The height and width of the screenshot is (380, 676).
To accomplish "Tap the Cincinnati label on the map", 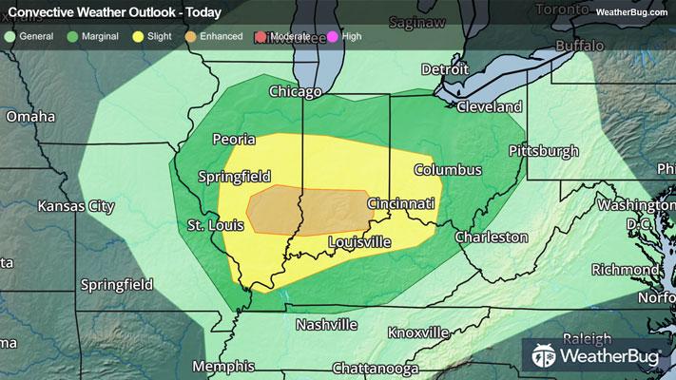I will click(x=401, y=203).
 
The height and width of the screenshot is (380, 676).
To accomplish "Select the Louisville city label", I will click(x=358, y=242).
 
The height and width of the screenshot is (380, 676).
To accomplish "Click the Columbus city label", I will click(x=448, y=169).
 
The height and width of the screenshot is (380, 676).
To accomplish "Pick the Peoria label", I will click(x=234, y=139).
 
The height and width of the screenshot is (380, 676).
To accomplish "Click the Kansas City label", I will click(x=75, y=205).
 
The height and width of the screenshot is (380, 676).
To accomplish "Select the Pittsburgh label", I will click(x=544, y=150).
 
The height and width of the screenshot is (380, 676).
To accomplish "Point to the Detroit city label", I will click(x=445, y=69).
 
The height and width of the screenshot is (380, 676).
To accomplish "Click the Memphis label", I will click(x=223, y=366).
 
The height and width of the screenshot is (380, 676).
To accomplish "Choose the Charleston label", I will click(x=491, y=236).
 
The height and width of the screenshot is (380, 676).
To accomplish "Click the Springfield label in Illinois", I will click(x=234, y=176).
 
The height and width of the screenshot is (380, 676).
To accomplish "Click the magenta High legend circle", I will click(x=332, y=36).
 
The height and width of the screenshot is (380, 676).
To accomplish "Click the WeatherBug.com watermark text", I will click(x=633, y=11).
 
